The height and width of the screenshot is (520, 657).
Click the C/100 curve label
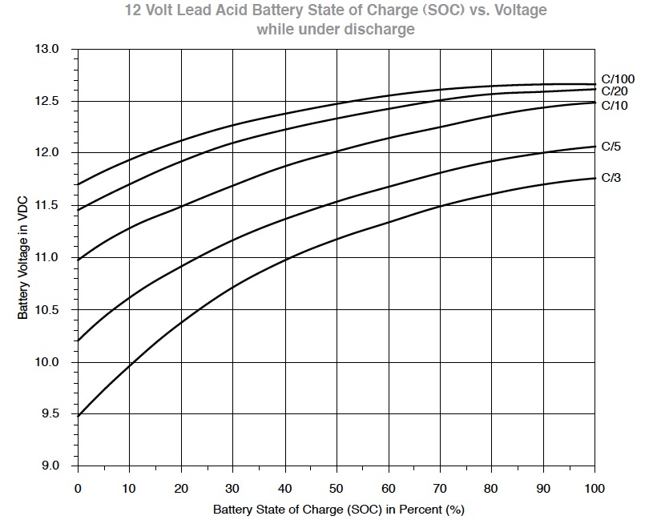[618, 79]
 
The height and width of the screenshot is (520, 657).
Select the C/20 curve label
[615, 91]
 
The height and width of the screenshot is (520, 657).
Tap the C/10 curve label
[615, 105]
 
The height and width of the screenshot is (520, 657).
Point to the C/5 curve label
[611, 147]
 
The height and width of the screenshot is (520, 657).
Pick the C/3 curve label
[611, 178]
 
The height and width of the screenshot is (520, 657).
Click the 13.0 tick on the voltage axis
[46, 49]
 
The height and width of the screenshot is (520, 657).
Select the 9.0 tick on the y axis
[50, 466]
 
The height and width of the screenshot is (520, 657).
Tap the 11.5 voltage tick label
[46, 205]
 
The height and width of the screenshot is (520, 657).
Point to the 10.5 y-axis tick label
[46, 310]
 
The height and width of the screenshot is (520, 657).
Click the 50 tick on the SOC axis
[337, 489]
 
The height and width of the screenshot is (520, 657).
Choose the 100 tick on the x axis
[595, 489]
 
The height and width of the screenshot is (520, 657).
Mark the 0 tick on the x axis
[78, 489]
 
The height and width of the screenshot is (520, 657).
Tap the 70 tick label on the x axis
[440, 489]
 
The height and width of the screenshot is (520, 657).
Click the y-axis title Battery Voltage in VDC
[23, 258]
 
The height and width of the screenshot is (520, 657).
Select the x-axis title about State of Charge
[339, 510]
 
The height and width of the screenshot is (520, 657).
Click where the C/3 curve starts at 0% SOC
[79, 416]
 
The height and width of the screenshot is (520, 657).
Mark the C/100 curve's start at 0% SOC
[79, 184]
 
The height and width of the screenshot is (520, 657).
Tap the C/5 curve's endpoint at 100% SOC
[595, 147]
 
